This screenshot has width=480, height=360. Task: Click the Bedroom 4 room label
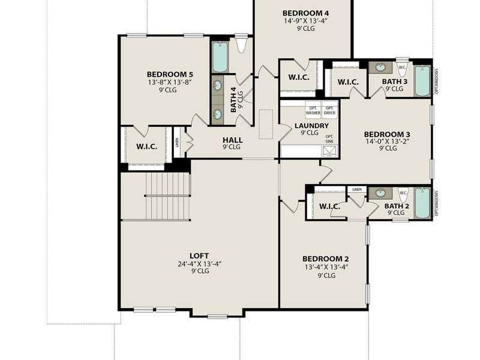click(305, 13)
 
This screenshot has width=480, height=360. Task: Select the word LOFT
click(199, 255)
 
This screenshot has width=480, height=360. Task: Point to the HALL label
click(232, 139)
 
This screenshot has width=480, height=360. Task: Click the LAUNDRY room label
click(311, 126)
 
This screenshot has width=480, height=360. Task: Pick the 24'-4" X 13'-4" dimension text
click(199, 263)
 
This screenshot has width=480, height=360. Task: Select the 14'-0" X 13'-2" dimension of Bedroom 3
click(388, 142)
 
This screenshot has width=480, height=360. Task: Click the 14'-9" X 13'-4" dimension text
click(305, 20)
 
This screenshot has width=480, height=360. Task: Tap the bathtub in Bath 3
click(422, 80)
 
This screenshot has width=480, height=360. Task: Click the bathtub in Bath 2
click(422, 203)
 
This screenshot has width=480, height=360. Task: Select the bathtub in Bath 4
click(220, 56)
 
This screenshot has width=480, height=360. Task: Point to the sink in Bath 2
click(380, 193)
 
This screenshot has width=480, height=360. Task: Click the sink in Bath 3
click(380, 68)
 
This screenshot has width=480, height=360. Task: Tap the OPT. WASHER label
click(313, 110)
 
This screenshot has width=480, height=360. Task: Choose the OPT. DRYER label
click(330, 110)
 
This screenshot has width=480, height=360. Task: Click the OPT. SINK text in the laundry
click(329, 139)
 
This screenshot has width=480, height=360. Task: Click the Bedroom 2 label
click(326, 259)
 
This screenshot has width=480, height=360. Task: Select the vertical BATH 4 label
click(234, 100)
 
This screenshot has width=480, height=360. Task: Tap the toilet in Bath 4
click(242, 45)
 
